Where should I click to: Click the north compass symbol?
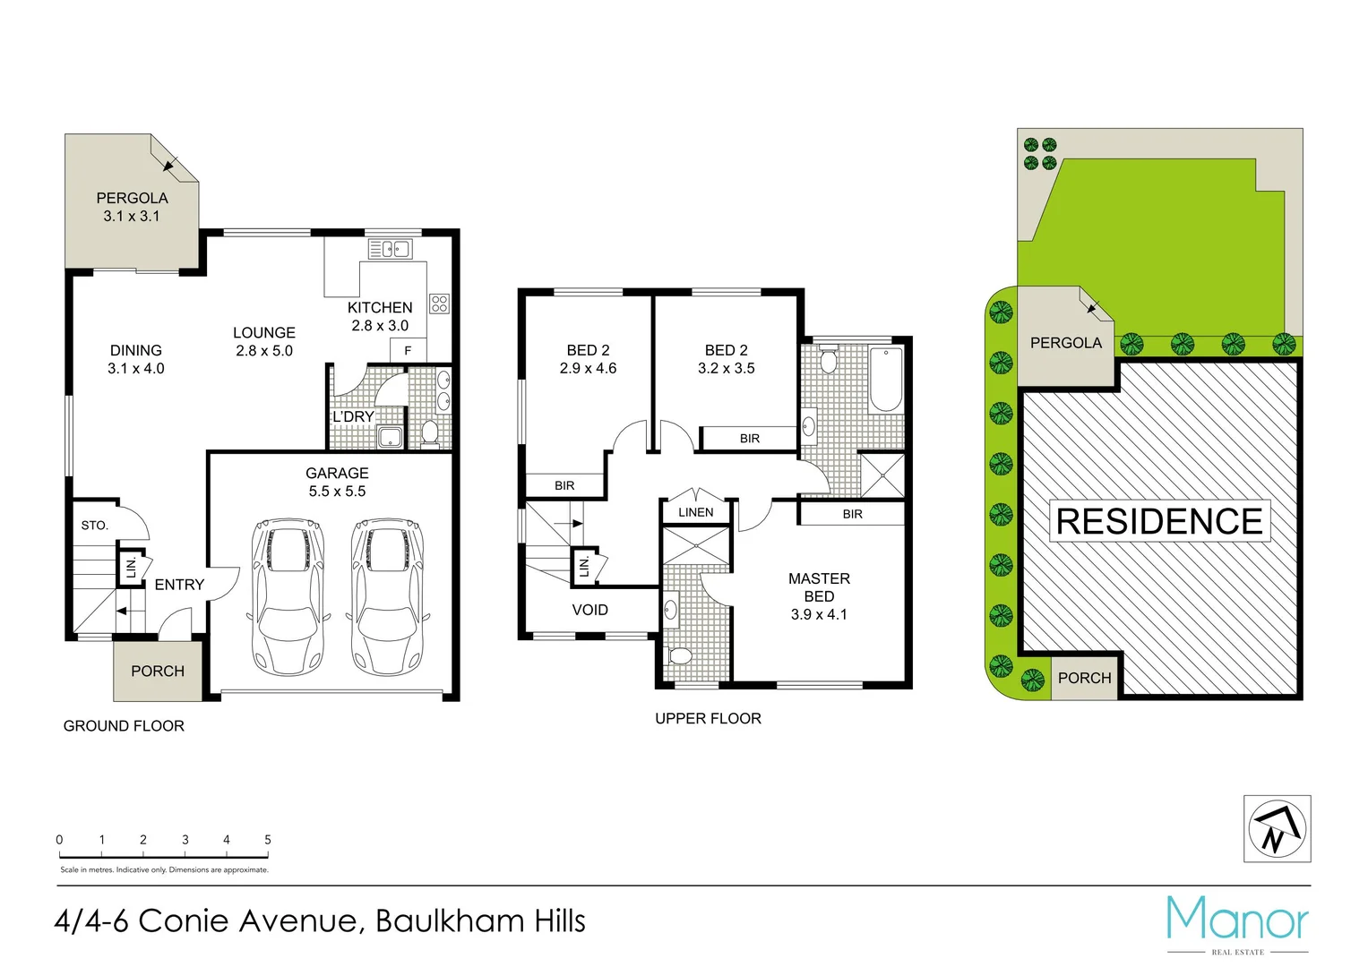(x=1277, y=829)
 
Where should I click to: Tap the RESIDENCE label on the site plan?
(x=1159, y=521)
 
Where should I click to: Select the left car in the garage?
(x=288, y=596)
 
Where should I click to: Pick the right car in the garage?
(x=387, y=596)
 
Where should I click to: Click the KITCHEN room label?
(x=380, y=307)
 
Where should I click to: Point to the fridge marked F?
(x=409, y=350)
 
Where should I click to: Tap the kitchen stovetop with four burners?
(x=439, y=304)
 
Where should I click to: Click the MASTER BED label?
(x=819, y=587)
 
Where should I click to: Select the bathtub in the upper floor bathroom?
(x=885, y=380)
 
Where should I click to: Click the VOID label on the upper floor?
(x=589, y=610)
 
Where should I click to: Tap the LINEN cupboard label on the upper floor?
(x=696, y=512)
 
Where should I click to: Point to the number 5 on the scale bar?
(x=268, y=840)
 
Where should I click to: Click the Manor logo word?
(x=1237, y=920)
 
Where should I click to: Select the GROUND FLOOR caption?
(x=124, y=726)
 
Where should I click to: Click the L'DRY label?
(x=353, y=417)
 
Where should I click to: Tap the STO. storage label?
(x=94, y=526)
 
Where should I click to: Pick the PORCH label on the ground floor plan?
(x=158, y=672)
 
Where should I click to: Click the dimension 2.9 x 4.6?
(x=588, y=368)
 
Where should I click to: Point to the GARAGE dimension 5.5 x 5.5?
(x=337, y=491)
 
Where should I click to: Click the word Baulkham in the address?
(x=450, y=921)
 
